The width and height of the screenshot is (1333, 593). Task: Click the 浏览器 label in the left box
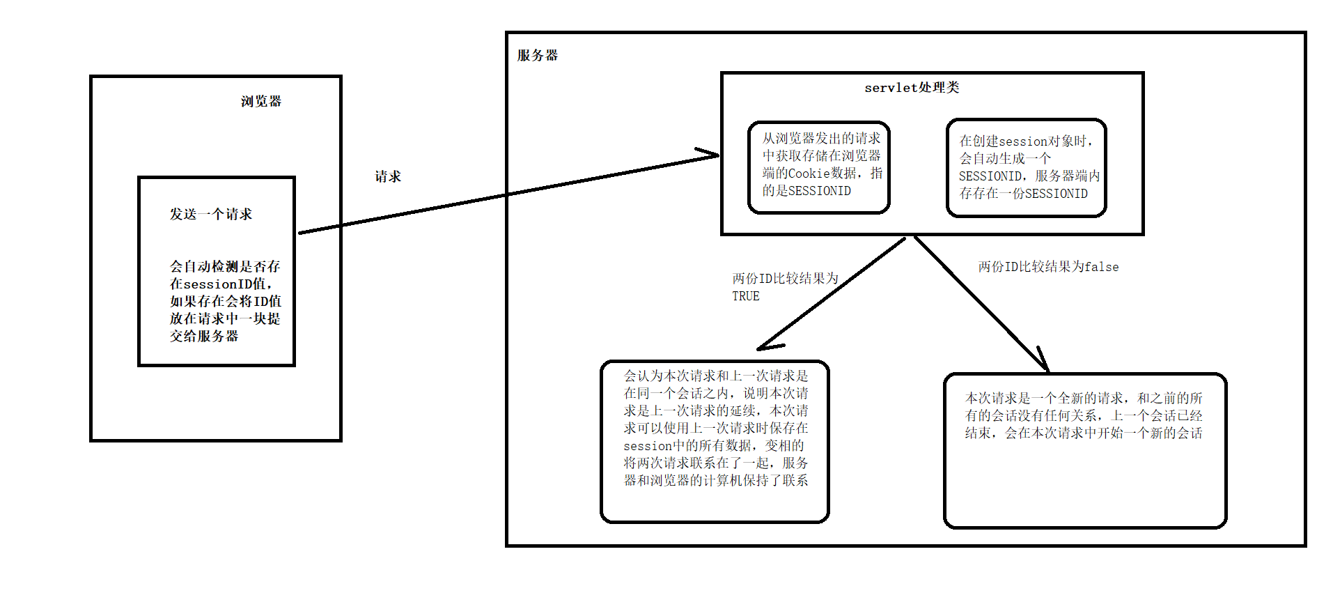(x=261, y=102)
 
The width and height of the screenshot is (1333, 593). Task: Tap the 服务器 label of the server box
(x=537, y=56)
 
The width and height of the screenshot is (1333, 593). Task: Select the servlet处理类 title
(x=912, y=88)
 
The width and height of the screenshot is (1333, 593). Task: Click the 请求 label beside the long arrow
(x=388, y=177)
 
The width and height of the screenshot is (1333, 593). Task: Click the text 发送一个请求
(x=211, y=215)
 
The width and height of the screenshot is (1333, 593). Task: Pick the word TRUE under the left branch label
(x=746, y=296)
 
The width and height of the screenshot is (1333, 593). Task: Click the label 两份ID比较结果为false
(x=1048, y=267)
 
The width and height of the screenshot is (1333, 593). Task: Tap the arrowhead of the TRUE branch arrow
(x=765, y=346)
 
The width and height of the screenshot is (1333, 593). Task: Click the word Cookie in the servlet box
(x=809, y=174)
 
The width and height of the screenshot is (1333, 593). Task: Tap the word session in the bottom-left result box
(x=647, y=446)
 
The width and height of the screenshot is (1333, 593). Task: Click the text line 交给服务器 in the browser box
(x=204, y=337)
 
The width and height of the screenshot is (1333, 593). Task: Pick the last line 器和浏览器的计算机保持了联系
(x=716, y=481)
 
